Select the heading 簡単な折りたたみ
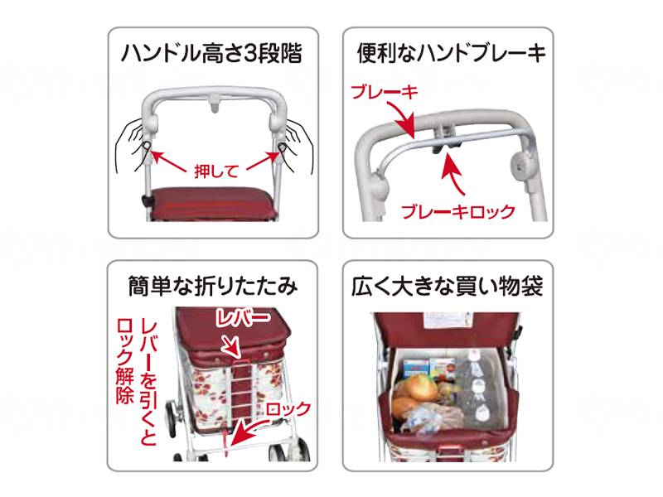click(213, 287)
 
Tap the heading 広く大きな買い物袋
click(450, 287)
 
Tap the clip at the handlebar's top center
click(215, 102)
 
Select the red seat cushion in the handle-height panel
click(213, 200)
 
